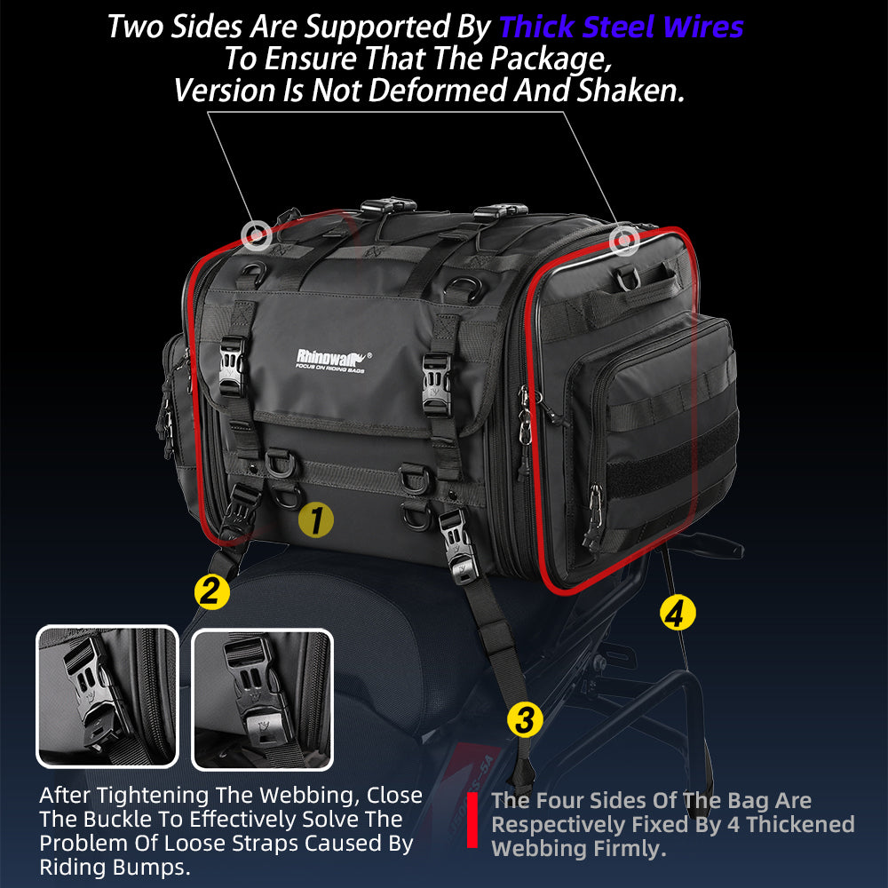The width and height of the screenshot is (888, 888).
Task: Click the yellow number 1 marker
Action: point(316,519)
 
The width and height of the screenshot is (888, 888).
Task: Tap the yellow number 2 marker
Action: point(212,591)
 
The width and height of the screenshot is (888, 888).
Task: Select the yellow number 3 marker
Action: point(525,720)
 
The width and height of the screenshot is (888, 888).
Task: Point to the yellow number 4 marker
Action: point(678,613)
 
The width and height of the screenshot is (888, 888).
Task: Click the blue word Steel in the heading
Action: point(618,27)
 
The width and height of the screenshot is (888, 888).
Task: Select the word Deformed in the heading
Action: point(440,90)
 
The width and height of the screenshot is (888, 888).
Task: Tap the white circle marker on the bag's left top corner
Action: point(257,234)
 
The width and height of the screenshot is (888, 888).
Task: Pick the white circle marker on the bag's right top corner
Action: point(624,240)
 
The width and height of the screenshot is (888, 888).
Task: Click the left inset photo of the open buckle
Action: point(107,696)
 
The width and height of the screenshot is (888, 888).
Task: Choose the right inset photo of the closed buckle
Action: point(262,700)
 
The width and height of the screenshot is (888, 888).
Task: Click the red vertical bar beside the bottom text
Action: point(472,820)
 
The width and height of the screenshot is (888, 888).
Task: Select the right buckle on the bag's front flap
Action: point(437,382)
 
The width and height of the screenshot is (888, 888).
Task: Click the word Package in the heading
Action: point(551,59)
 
